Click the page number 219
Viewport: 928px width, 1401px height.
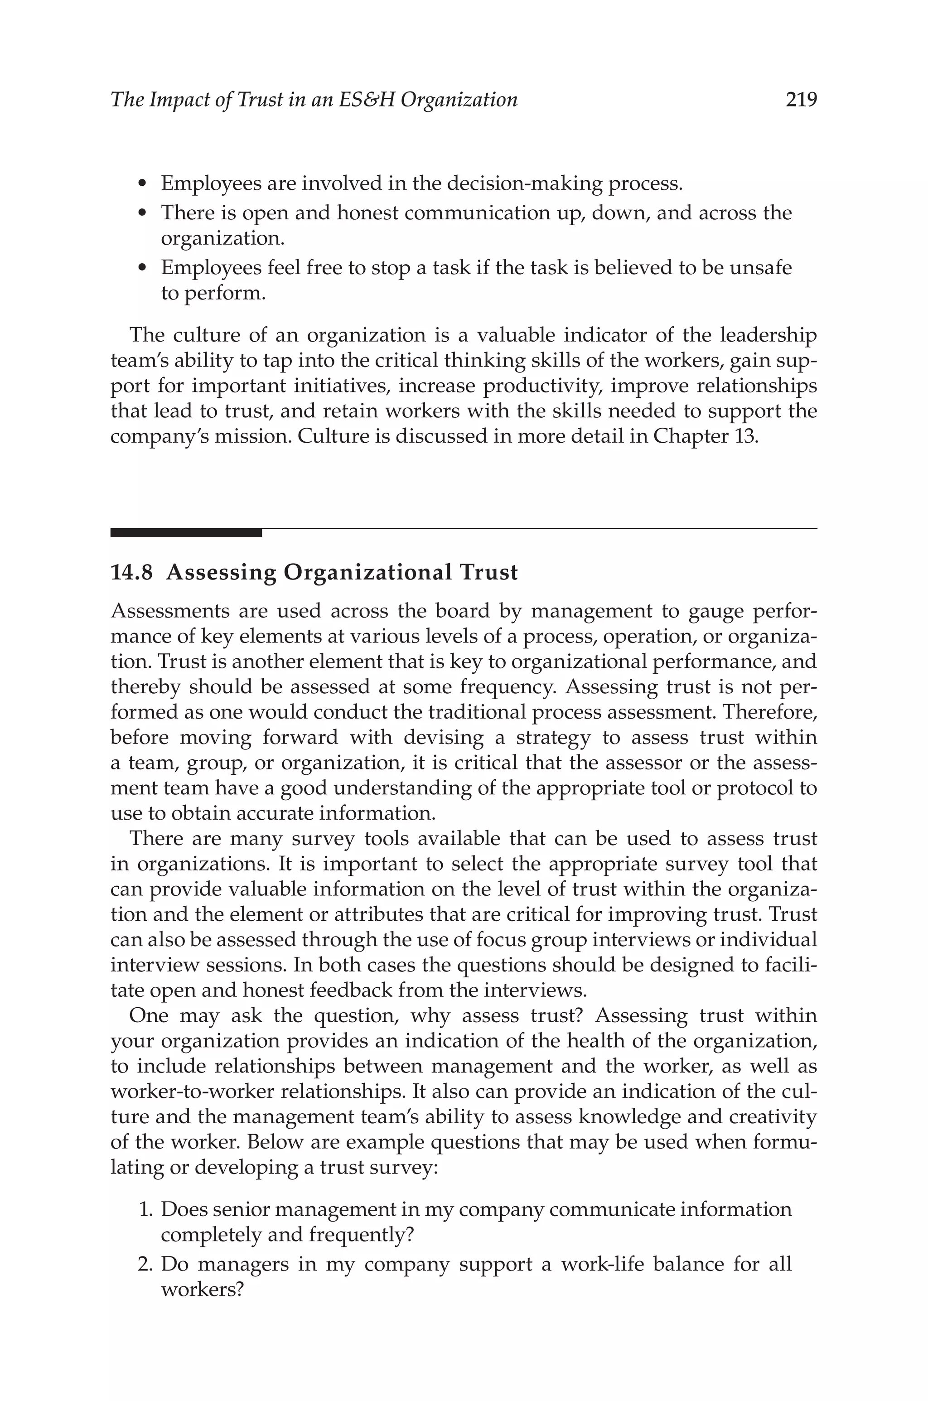click(801, 99)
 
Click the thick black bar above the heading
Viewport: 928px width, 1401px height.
click(186, 533)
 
